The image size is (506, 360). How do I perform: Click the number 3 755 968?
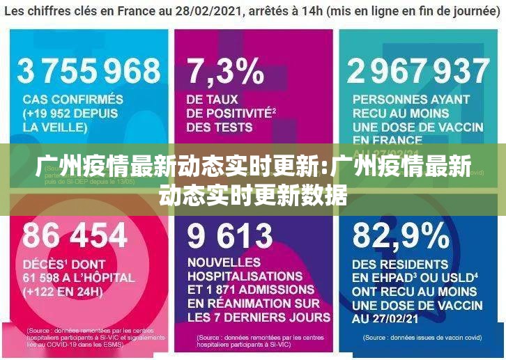tap(89, 72)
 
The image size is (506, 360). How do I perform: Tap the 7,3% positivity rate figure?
tap(224, 72)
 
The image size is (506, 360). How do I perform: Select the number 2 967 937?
tap(418, 72)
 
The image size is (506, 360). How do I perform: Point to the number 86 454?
tap(75, 236)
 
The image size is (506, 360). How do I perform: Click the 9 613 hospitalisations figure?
tap(229, 236)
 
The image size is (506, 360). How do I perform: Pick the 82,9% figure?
tap(401, 236)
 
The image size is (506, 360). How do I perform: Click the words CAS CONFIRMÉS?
tap(72, 100)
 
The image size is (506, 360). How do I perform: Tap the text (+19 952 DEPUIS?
tap(72, 114)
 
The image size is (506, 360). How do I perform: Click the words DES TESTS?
tap(219, 127)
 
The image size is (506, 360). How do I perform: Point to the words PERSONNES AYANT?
tap(411, 100)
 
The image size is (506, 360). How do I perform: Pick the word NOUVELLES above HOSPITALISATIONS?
tap(223, 263)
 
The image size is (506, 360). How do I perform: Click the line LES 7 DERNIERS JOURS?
tap(259, 317)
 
